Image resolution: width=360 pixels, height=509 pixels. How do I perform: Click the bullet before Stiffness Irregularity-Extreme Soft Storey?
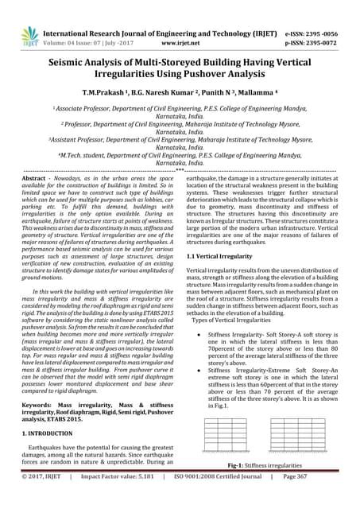coord(197,370)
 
